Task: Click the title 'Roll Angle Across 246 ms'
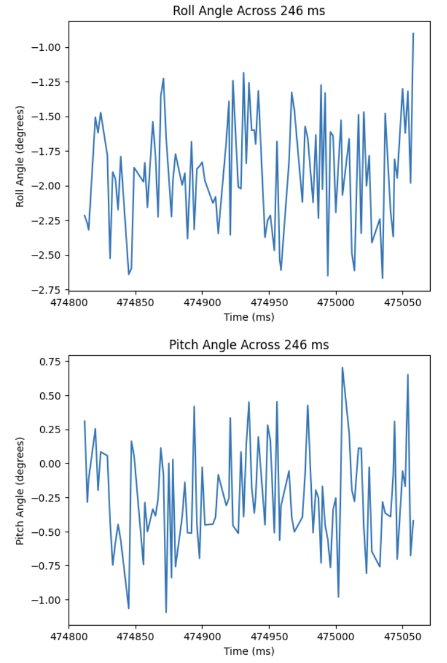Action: pyautogui.click(x=249, y=11)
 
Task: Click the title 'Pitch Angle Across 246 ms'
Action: pyautogui.click(x=249, y=345)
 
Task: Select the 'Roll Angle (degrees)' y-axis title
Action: pyautogui.click(x=20, y=156)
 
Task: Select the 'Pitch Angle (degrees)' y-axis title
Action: pyautogui.click(x=20, y=490)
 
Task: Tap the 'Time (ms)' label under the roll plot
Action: pyautogui.click(x=249, y=317)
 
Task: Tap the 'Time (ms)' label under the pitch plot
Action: pyautogui.click(x=249, y=651)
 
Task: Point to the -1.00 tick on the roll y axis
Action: pyautogui.click(x=50, y=47)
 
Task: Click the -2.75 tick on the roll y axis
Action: pyautogui.click(x=50, y=290)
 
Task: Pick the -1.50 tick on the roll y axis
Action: pyautogui.click(x=50, y=117)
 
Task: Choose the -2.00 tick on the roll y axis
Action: pyautogui.click(x=50, y=186)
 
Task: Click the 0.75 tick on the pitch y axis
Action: pyautogui.click(x=52, y=362)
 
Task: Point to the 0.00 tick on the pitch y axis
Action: pyautogui.click(x=52, y=464)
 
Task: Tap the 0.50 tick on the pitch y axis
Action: pyautogui.click(x=52, y=395)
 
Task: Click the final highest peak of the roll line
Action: pyautogui.click(x=413, y=33)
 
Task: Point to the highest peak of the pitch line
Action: pyautogui.click(x=342, y=367)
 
